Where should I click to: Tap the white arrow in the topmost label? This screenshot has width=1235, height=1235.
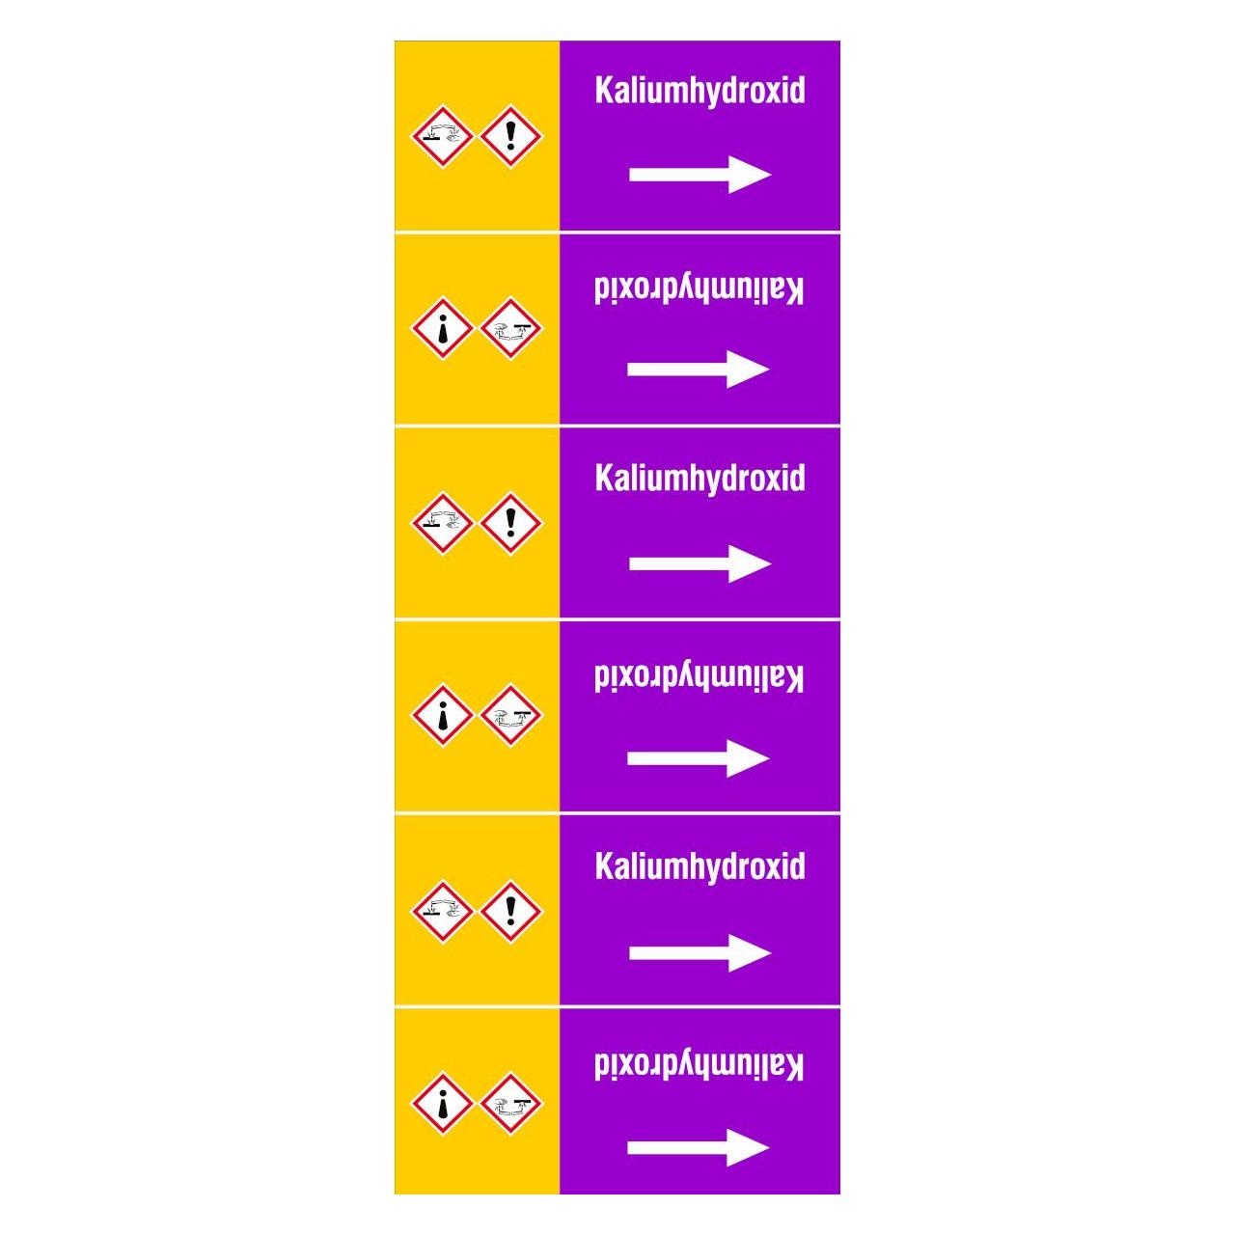pos(700,175)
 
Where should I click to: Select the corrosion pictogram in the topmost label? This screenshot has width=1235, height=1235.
pos(442,136)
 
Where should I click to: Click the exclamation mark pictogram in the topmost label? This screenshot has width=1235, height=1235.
pos(510,136)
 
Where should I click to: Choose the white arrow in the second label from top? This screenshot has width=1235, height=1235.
pos(698,370)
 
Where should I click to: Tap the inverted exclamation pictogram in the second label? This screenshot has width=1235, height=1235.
pos(442,328)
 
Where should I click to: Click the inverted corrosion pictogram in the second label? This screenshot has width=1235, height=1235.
pos(510,328)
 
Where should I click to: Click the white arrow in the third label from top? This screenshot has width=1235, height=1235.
pos(700,563)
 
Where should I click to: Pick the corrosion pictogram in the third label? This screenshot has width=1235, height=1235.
pos(442,523)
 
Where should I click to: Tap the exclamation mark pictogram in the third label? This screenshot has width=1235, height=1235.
pos(510,523)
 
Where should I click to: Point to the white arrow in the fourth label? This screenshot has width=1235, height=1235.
pos(698,758)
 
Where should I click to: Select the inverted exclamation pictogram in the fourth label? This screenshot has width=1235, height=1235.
pos(442,715)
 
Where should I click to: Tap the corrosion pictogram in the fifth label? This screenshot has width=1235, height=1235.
pos(442,912)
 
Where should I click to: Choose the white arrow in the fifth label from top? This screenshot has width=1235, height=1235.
pos(700,952)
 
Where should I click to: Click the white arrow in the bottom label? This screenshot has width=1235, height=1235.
pos(698,1147)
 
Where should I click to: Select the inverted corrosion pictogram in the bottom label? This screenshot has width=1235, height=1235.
pos(510,1104)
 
